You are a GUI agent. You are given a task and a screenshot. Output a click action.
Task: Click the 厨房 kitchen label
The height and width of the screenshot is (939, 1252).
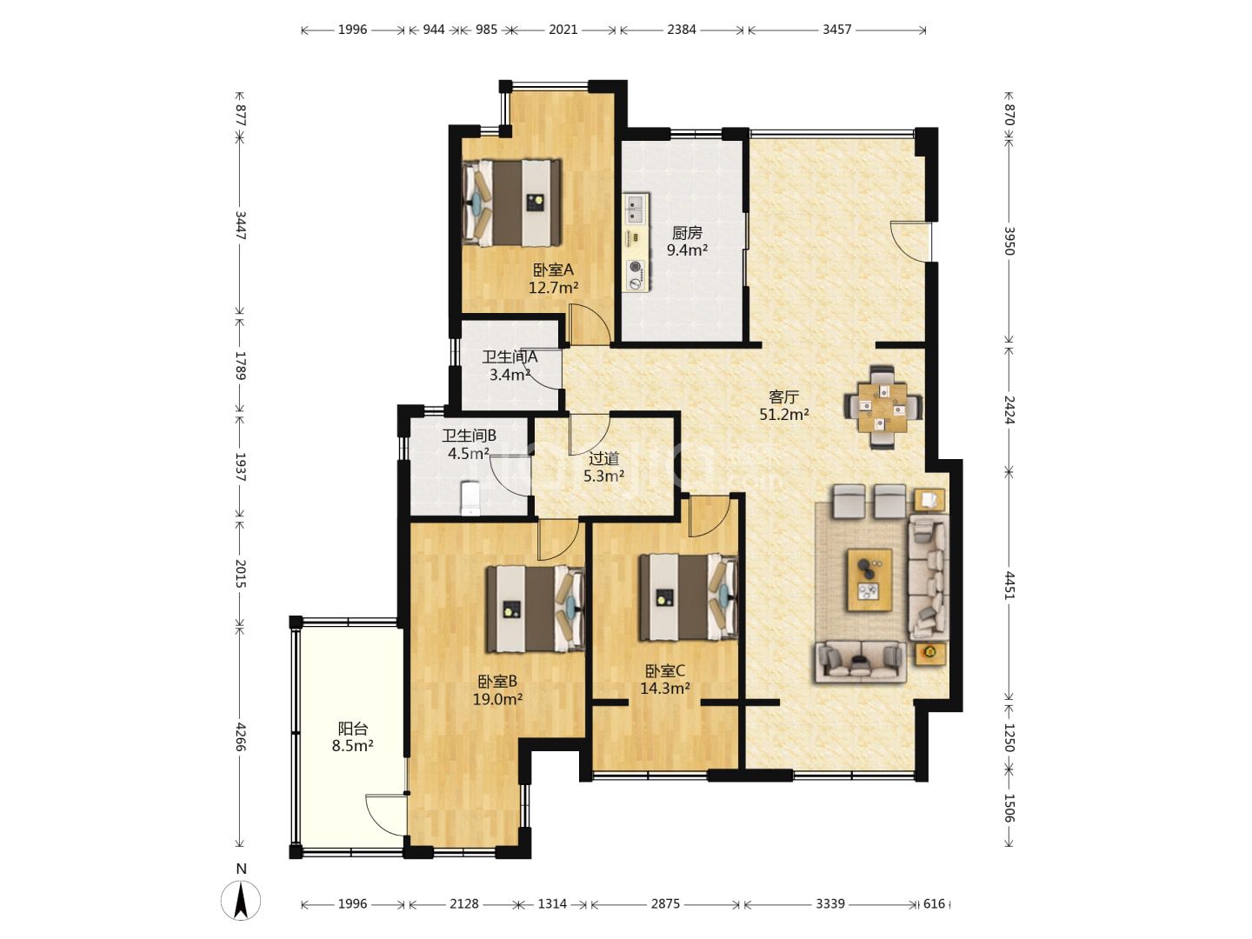[x=687, y=233]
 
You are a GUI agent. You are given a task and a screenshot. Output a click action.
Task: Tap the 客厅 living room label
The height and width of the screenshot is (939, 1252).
[x=783, y=396]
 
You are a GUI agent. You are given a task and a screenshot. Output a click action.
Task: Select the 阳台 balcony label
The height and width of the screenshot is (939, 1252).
[x=353, y=728]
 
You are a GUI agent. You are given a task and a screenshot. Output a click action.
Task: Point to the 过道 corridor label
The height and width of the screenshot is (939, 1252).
[x=603, y=458]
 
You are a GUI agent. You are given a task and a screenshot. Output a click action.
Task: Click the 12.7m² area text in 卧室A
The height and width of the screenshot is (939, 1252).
[x=553, y=287]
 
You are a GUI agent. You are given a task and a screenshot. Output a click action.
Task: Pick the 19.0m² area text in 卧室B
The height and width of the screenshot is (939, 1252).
[x=497, y=699]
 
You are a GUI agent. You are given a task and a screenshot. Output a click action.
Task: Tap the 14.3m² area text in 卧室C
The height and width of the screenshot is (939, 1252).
[x=665, y=688]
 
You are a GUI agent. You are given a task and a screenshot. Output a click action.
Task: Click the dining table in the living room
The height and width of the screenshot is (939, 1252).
[x=883, y=408]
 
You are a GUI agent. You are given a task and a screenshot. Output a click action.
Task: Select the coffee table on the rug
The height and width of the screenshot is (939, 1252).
[x=869, y=580]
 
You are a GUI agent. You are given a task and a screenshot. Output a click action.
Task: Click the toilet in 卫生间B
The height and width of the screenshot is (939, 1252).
[x=470, y=498]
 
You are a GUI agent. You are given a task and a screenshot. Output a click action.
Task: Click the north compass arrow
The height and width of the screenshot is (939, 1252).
[x=241, y=901]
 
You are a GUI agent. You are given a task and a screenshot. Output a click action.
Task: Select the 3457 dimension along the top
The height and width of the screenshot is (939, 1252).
[x=836, y=30]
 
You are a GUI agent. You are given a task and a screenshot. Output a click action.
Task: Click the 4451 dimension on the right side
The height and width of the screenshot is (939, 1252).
[x=1009, y=585]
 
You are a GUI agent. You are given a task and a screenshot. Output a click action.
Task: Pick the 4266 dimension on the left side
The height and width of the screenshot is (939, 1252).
[x=240, y=737]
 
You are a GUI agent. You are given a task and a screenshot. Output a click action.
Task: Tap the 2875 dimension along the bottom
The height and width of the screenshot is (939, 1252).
[x=665, y=903]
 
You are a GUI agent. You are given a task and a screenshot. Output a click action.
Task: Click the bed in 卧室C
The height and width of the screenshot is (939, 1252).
[x=689, y=597]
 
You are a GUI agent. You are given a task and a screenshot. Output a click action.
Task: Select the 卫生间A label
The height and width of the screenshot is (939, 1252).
[x=509, y=356]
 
